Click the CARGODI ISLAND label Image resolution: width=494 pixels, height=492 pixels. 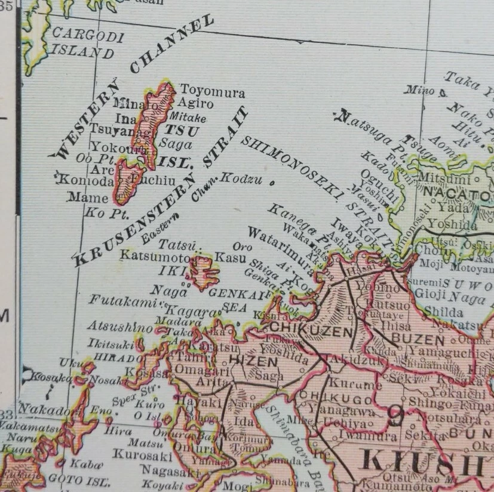[x=84, y=44]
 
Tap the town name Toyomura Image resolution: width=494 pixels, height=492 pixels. [x=213, y=93]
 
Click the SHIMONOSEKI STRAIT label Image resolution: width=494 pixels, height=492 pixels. [x=317, y=191]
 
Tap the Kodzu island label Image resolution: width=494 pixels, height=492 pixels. [x=242, y=179]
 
